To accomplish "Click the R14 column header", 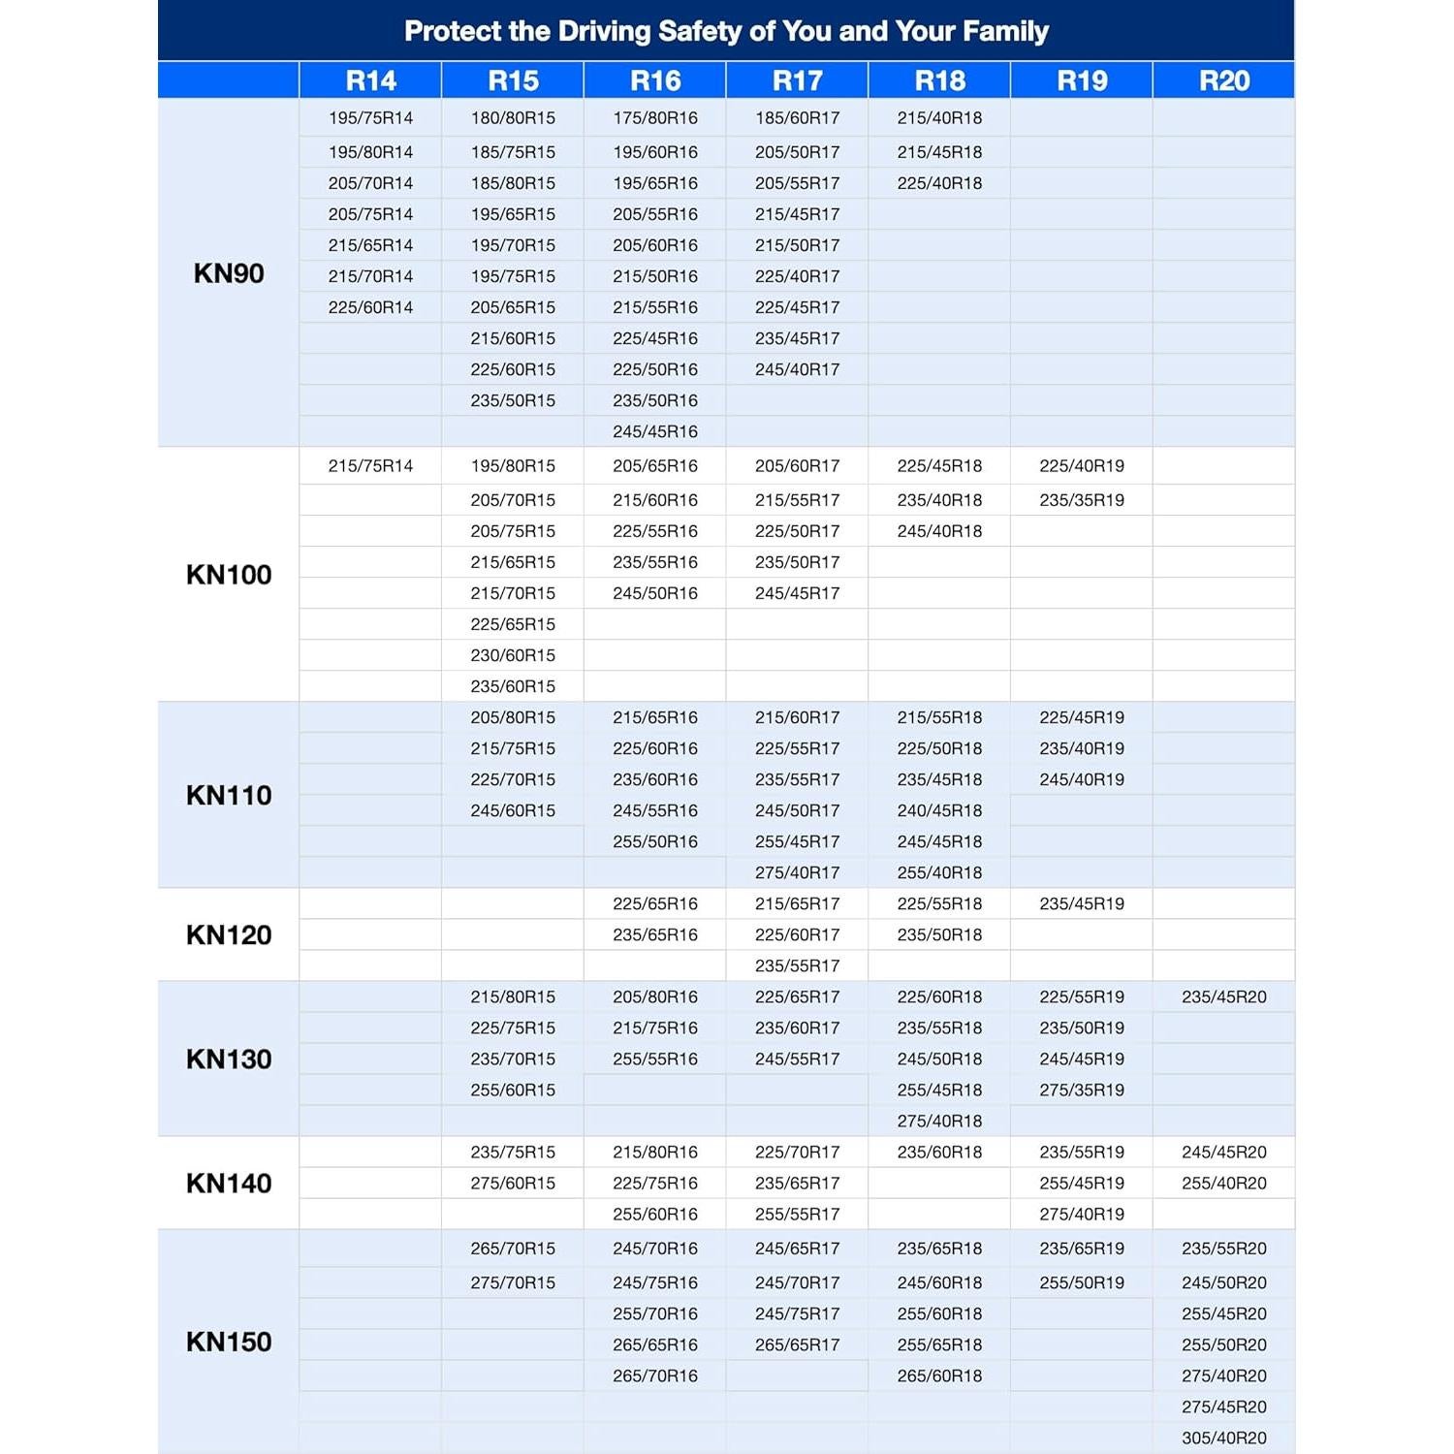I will (x=370, y=80).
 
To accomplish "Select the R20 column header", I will (x=1224, y=80).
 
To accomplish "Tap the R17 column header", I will (x=797, y=80).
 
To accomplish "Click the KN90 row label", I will (x=229, y=273).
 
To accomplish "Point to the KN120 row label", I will (x=229, y=935).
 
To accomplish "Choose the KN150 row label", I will (x=229, y=1343).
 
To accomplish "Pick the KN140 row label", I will (x=229, y=1184).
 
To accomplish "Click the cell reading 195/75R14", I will (x=370, y=118).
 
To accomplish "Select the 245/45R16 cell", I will (x=655, y=431).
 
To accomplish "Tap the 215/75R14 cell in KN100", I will (x=370, y=466).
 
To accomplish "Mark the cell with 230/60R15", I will (x=513, y=655).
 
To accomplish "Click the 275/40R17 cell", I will (x=797, y=872).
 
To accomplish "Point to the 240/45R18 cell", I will (x=939, y=810).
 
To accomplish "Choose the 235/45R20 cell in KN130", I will (x=1224, y=997).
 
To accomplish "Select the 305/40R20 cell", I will (x=1224, y=1438).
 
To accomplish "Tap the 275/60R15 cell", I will (x=513, y=1184).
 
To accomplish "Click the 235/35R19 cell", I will (x=1082, y=500).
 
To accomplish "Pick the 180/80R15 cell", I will (x=513, y=118).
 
